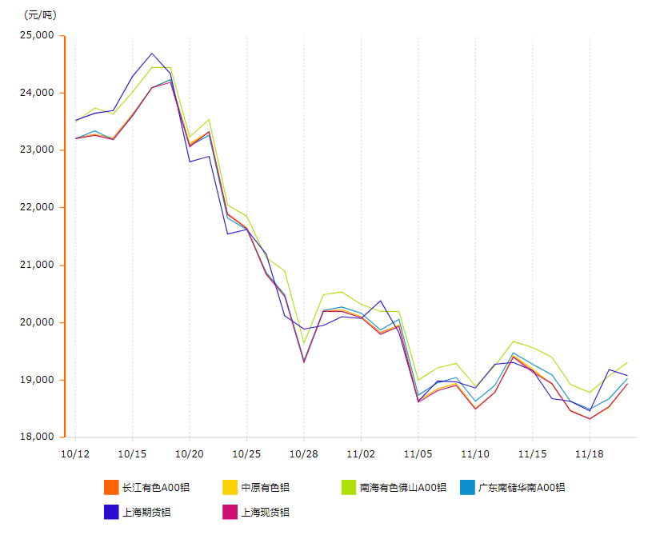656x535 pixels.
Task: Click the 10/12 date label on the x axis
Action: point(74,453)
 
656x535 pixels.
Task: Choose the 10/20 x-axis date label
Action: point(189,453)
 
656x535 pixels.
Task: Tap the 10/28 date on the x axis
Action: point(303,453)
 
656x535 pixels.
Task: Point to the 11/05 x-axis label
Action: point(418,453)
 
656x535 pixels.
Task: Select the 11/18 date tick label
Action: point(590,453)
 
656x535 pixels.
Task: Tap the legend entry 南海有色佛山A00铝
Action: point(402,487)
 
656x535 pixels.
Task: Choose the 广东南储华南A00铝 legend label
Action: point(522,487)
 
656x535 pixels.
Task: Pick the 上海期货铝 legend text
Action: point(146,512)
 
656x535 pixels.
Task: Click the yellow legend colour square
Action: point(230,487)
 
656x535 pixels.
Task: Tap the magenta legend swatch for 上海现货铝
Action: point(230,512)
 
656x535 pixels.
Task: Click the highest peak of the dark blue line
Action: point(151,54)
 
